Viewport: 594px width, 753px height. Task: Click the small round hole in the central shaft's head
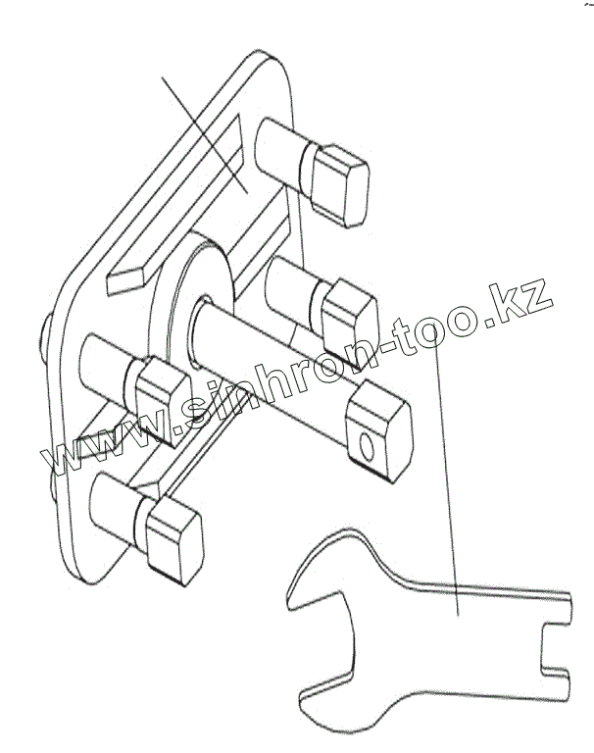coord(366,447)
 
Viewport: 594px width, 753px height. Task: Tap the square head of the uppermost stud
coord(337,177)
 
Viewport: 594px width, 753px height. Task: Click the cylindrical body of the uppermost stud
coord(279,147)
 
